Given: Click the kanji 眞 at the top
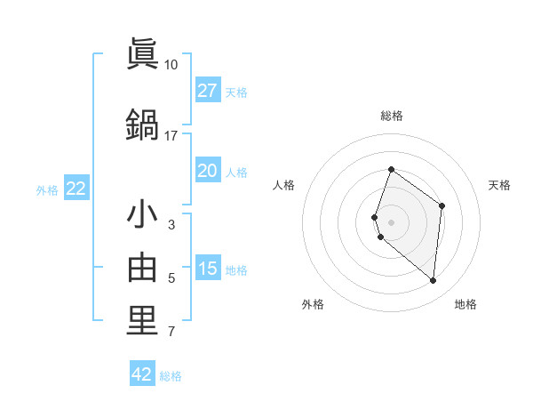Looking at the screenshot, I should click(x=142, y=54).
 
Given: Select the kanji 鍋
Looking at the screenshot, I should click(x=142, y=124).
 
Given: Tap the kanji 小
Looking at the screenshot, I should click(x=142, y=214).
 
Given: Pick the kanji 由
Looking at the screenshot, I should click(x=142, y=268).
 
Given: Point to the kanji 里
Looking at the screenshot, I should click(x=142, y=321).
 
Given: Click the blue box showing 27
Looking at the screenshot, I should click(x=208, y=91).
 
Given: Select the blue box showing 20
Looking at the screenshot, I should click(x=208, y=171).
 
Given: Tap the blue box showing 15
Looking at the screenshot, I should click(x=208, y=269).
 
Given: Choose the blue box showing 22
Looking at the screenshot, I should click(x=76, y=189).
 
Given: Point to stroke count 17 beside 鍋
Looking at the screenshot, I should click(x=171, y=135).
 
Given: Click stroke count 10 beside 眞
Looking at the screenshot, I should click(x=171, y=65).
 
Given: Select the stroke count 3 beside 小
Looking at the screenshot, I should click(x=171, y=225).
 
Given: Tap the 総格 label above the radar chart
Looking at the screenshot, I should click(x=392, y=116).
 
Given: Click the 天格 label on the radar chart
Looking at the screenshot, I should click(x=499, y=185).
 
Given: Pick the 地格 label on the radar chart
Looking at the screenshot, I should click(x=465, y=304).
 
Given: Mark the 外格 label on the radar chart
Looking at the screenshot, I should click(x=313, y=304).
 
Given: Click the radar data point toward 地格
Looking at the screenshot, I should click(x=434, y=280).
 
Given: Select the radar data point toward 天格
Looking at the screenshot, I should click(x=442, y=206).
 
